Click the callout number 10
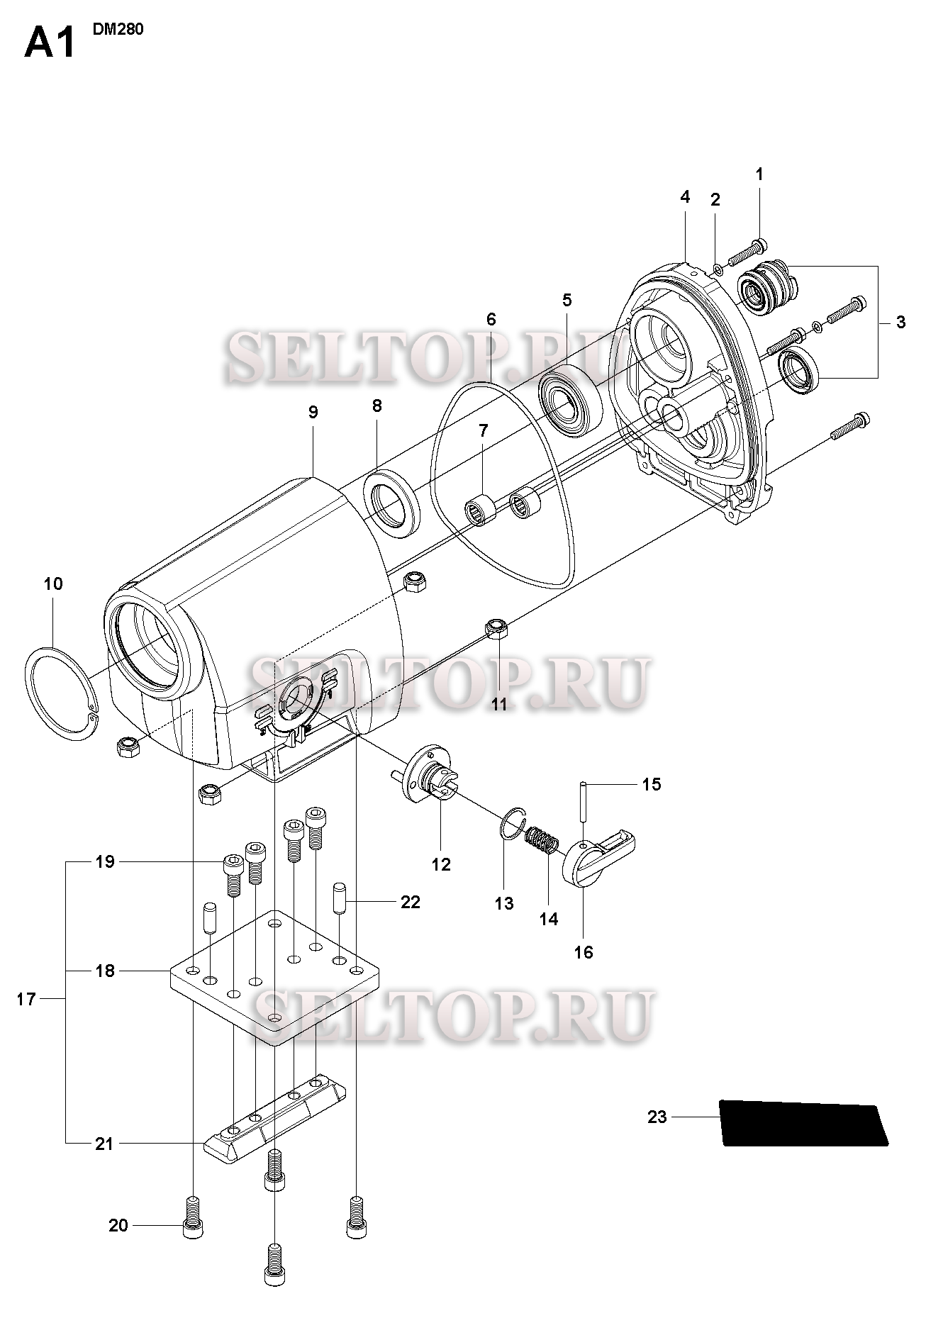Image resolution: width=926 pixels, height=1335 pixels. tap(53, 583)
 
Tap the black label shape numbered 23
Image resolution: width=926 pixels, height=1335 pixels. tap(803, 1122)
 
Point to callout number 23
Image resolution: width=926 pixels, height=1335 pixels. tap(657, 1117)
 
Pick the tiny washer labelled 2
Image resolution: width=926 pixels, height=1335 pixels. tap(717, 269)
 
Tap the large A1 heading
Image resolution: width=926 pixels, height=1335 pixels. tap(50, 43)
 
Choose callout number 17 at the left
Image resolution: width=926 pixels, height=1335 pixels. tap(26, 1000)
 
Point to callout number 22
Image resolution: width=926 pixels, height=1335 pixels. tap(411, 902)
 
